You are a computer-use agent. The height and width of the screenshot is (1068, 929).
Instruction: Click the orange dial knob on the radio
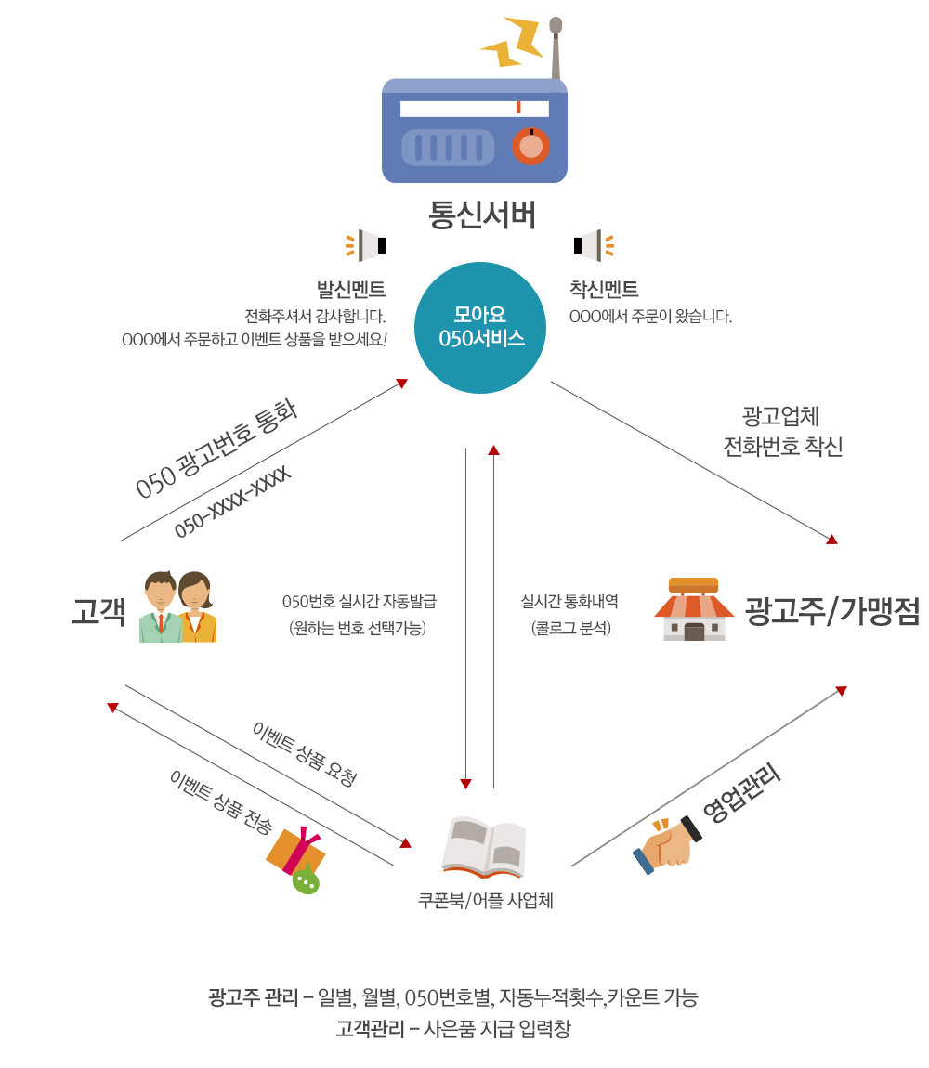(531, 146)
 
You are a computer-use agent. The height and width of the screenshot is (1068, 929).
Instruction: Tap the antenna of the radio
(556, 47)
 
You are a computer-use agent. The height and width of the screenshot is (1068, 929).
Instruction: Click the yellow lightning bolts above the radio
(512, 41)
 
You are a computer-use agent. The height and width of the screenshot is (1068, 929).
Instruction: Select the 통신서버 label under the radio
(482, 215)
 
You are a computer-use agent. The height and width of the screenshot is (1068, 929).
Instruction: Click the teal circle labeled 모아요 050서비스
(480, 328)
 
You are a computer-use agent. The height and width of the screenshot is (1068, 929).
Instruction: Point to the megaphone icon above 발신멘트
(366, 245)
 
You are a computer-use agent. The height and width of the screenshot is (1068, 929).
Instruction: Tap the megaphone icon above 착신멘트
(594, 245)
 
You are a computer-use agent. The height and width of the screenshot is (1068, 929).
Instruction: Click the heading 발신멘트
(351, 290)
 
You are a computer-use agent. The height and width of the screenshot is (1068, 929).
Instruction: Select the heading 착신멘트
(604, 290)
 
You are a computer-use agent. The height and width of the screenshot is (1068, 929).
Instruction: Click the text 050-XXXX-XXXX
(232, 502)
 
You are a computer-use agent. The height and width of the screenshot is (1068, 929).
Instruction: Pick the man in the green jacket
(160, 606)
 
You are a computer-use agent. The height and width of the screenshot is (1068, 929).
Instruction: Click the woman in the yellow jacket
(197, 606)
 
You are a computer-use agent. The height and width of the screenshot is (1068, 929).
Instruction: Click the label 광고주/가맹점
(832, 610)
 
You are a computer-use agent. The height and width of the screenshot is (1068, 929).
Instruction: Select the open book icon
(484, 847)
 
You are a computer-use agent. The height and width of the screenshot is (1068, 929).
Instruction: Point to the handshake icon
(667, 844)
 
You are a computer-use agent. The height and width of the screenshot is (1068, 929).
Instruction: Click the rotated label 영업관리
(741, 792)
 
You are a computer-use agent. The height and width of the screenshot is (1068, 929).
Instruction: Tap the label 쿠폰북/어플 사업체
(485, 901)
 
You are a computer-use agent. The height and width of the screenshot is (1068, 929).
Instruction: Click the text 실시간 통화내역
(569, 602)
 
